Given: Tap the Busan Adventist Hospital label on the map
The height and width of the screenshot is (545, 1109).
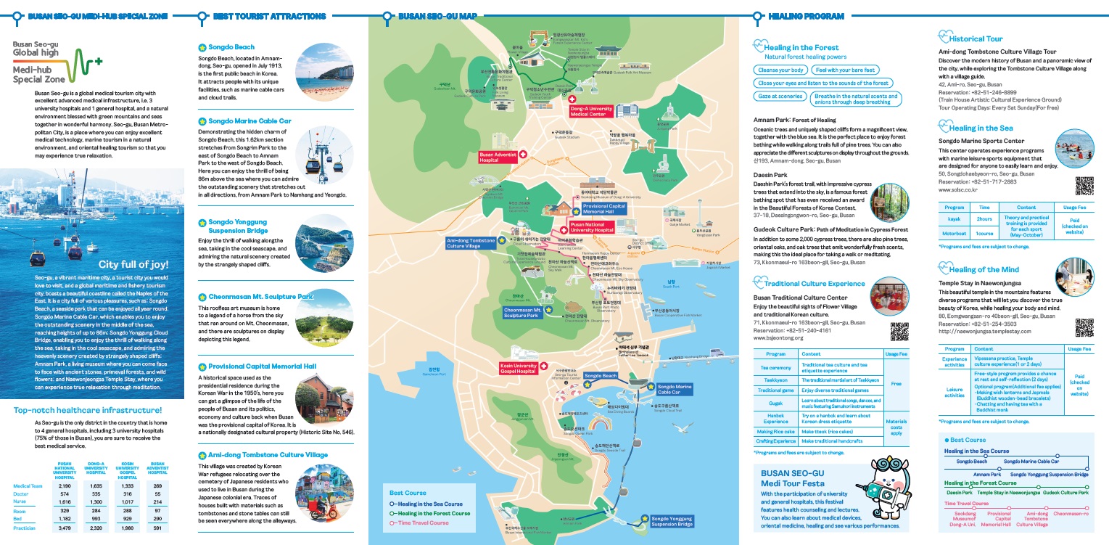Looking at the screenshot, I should click(498, 157).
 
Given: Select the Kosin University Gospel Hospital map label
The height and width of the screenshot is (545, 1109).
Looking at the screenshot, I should click(518, 368).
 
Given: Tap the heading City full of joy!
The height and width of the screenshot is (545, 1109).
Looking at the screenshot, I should click(133, 263).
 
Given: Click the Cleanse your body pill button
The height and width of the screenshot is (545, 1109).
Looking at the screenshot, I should click(780, 70).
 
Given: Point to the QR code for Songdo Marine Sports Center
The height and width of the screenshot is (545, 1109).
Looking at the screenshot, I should click(1084, 185).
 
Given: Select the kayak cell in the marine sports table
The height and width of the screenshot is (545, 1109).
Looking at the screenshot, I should click(955, 218).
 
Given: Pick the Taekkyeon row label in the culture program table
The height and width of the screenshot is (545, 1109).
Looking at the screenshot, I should click(775, 380).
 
